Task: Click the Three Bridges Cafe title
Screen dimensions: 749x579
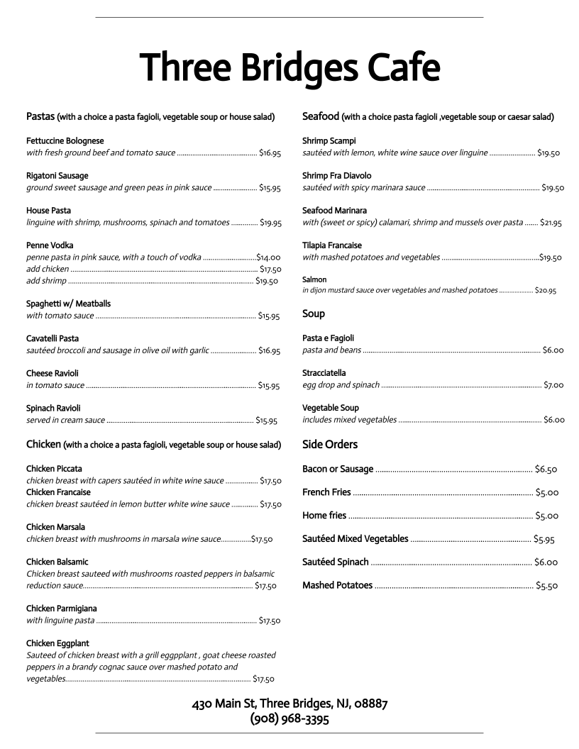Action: coord(289,68)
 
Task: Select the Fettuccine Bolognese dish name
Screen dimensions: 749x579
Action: coord(65,141)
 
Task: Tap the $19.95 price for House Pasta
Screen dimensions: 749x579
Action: coord(270,223)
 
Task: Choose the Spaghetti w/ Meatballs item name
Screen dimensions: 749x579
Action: coord(68,304)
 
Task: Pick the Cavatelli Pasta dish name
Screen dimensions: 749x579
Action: coord(53,338)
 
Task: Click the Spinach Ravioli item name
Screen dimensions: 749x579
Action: coord(53,408)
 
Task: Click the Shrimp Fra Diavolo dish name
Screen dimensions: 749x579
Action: coord(336,175)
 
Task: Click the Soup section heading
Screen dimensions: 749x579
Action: coord(314,314)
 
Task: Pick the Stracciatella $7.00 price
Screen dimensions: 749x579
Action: coord(553,385)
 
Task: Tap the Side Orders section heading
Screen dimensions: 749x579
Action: coord(330,445)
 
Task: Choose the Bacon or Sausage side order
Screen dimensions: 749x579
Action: coord(338,469)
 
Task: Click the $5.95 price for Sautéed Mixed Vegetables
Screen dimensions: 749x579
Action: coord(544,539)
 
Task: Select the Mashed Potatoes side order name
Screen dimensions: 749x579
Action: coord(337,585)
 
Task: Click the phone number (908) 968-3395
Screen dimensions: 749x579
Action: coord(289,719)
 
